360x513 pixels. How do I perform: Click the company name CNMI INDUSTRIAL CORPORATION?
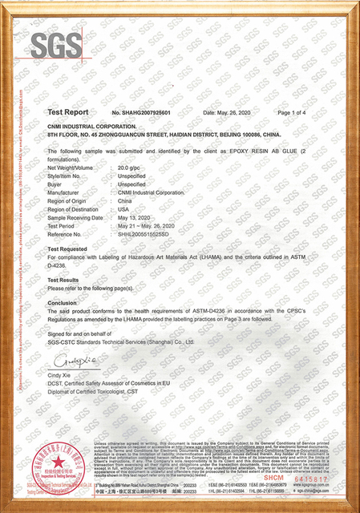coord(91,127)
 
